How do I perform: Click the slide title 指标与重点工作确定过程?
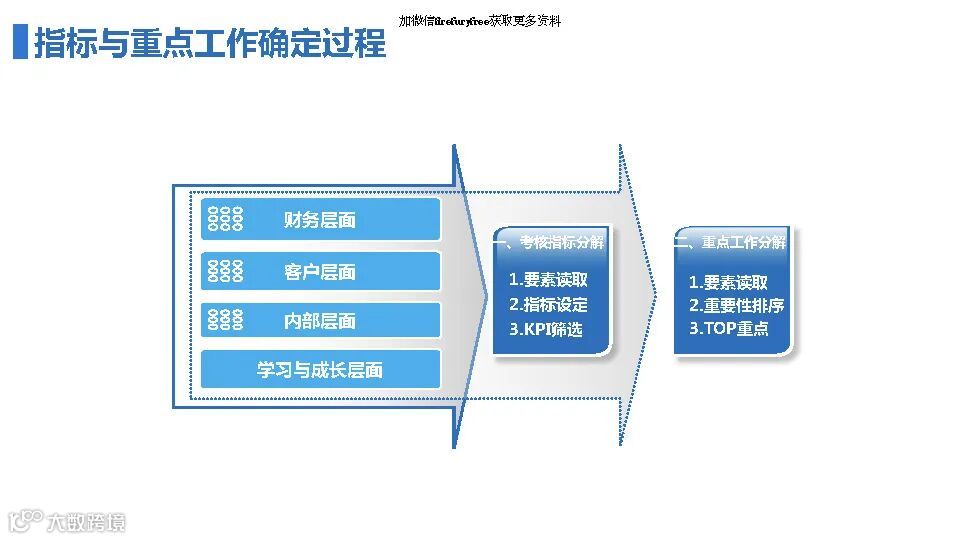(210, 44)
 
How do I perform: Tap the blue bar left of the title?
(19, 43)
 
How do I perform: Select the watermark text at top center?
(479, 21)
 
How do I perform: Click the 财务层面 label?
(320, 220)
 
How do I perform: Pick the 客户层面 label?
(320, 272)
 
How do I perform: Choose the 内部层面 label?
(320, 321)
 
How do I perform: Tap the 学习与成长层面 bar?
(320, 370)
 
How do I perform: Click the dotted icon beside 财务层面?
(225, 220)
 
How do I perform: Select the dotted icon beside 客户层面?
(225, 271)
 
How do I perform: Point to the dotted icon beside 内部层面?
(225, 320)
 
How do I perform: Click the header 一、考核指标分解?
(549, 243)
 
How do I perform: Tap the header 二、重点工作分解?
(730, 243)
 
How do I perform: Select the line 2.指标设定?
(548, 305)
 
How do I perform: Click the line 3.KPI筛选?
(545, 329)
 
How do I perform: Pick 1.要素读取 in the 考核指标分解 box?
(548, 281)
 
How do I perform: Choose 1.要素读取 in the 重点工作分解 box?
(728, 283)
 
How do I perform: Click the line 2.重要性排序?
(736, 306)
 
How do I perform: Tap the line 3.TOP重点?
(728, 329)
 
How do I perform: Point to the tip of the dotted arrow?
(655, 294)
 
